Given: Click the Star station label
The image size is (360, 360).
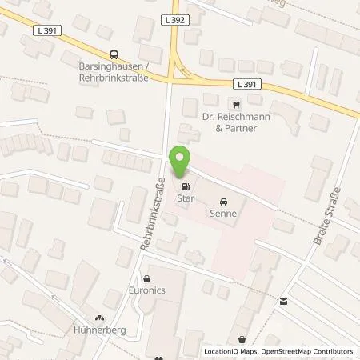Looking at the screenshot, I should click(186, 198).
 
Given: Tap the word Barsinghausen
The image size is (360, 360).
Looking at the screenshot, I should click(98, 66).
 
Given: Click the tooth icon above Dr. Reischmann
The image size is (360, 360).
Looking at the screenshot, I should click(236, 104).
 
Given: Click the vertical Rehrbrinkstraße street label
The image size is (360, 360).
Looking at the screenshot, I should click(152, 216).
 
